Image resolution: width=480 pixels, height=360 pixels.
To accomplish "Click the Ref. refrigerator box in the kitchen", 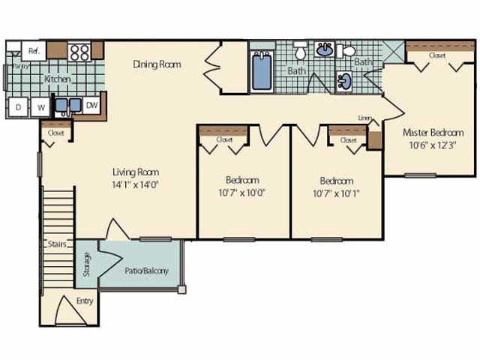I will coord(34,50).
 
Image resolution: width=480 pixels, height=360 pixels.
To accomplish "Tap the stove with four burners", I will coord(79,52).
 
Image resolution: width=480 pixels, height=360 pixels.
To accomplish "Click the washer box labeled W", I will coord(42,107).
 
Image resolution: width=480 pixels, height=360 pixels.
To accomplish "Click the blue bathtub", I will coord(262,72).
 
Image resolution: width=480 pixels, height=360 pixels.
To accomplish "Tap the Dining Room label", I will coord(157,64).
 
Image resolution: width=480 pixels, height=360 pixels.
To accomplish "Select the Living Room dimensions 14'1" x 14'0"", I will coord(136,183).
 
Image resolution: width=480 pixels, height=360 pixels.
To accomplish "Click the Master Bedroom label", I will coord(433,132).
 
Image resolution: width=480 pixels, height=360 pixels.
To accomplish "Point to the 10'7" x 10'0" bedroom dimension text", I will coord(242,191).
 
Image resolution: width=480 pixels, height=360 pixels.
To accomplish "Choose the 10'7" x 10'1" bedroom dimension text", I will coord(337,191).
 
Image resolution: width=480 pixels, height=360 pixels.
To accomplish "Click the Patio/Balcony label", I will coord(147,271).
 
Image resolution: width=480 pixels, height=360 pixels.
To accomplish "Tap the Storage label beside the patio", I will coord(87,265).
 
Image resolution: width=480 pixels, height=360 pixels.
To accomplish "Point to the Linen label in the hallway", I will coord(365,118).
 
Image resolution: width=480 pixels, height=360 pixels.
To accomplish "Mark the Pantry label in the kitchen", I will coord(20,66).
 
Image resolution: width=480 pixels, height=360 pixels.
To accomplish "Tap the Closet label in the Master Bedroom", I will coord(438,55).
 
